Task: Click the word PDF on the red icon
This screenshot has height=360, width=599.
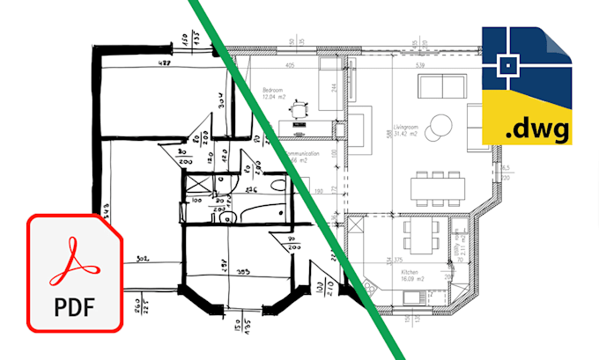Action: [75, 309]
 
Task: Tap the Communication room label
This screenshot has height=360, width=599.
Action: [304, 153]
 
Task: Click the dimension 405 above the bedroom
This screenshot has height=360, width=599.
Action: [289, 65]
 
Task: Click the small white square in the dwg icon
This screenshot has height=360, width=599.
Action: [508, 63]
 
